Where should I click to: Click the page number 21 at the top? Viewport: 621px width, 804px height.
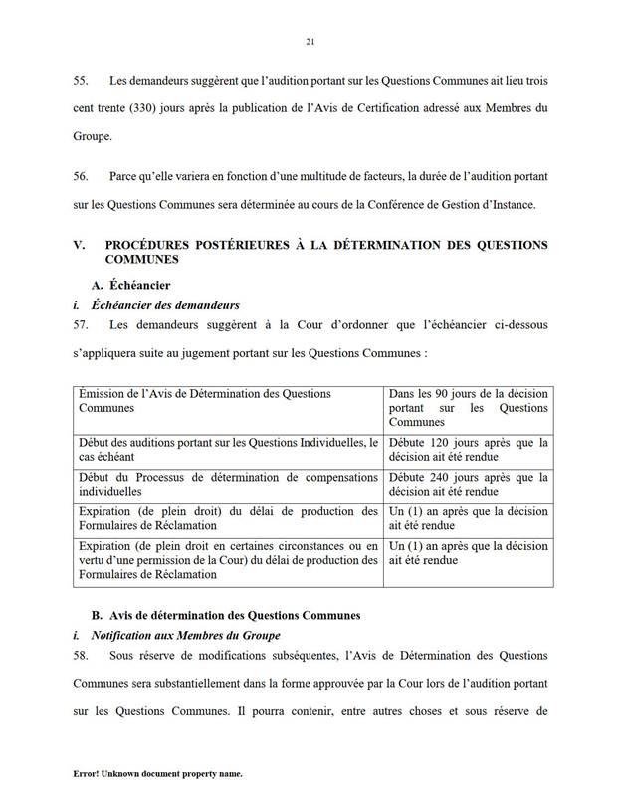click(310, 41)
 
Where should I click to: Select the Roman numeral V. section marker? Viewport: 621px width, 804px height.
click(80, 244)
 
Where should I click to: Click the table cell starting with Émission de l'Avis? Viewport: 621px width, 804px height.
click(228, 401)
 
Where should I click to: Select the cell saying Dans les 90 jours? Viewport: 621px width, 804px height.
click(467, 408)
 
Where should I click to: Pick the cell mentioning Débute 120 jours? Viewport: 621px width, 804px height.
click(467, 449)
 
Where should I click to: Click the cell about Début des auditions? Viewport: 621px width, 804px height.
click(228, 449)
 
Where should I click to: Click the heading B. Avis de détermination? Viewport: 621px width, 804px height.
click(225, 615)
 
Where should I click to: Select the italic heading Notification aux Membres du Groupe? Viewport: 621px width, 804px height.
click(185, 635)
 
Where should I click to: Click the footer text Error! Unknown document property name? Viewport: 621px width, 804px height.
click(157, 773)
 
